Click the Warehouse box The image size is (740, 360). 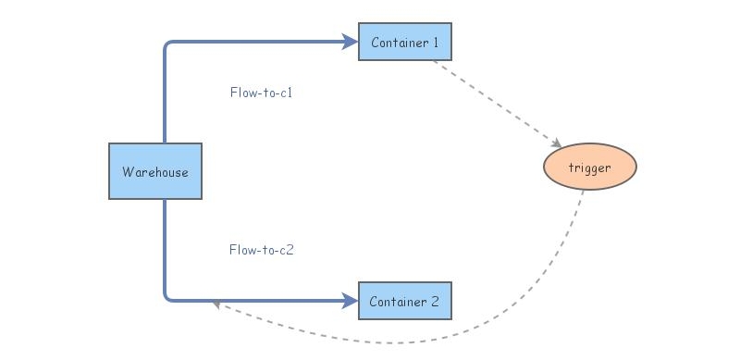155,171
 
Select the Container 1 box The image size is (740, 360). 405,42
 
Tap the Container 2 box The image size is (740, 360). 405,301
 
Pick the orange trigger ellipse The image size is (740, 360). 590,168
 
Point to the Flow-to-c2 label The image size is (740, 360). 262,250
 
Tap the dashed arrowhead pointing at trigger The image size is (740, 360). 556,143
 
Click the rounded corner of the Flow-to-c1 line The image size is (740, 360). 168,45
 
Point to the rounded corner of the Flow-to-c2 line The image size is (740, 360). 168,296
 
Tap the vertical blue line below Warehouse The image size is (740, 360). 166,245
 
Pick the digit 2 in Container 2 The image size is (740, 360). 435,302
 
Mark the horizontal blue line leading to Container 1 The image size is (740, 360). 259,42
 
